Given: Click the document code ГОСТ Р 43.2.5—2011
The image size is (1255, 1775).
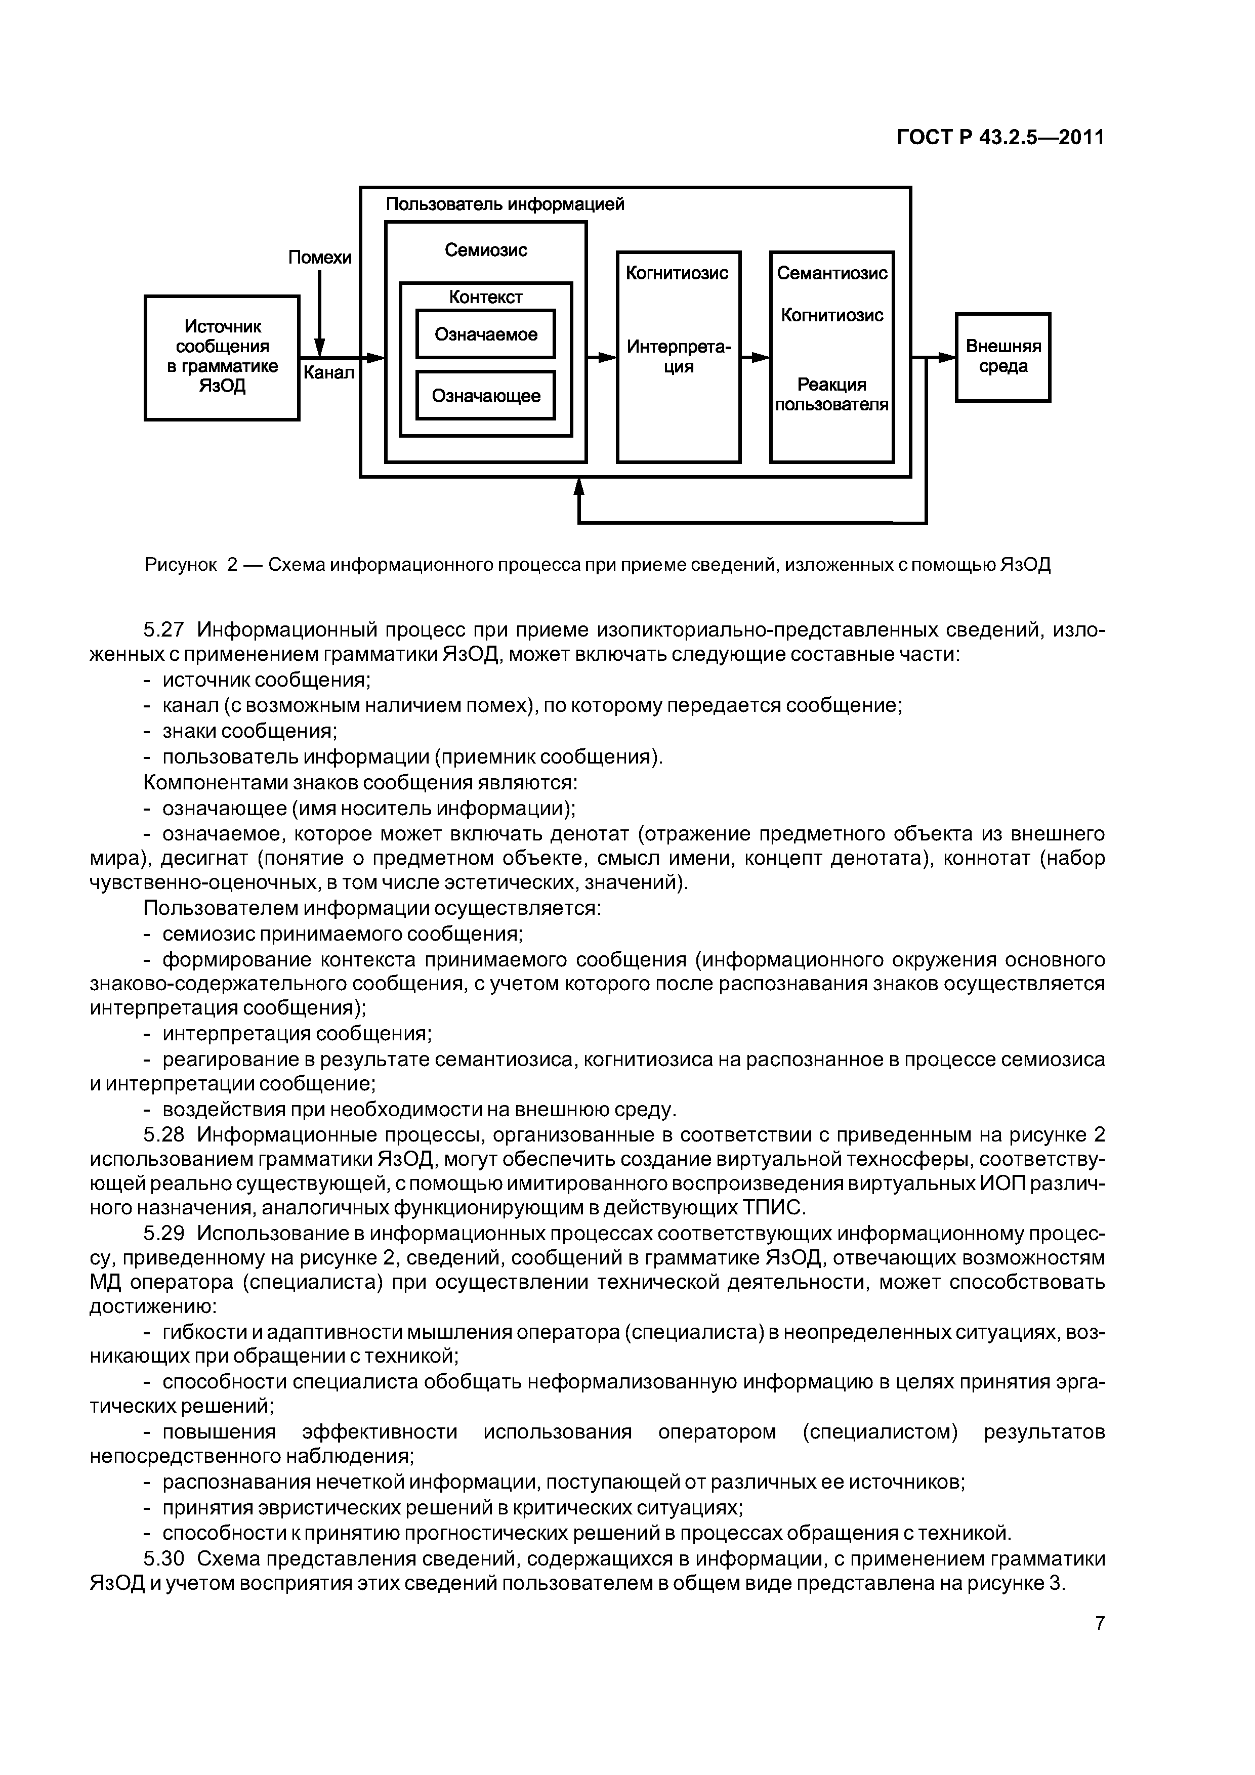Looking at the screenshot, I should [x=1000, y=138].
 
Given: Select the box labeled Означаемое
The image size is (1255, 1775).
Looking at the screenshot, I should [x=486, y=334].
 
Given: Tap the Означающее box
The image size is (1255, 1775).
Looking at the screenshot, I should [x=486, y=396].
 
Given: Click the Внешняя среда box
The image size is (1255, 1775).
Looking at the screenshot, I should [x=1003, y=357].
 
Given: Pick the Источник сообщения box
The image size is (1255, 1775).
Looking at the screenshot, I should [x=222, y=357].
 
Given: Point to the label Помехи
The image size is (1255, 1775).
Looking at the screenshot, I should [x=319, y=258].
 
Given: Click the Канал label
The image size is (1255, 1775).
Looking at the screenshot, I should [x=328, y=372].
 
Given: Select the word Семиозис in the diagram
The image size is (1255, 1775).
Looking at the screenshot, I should [x=486, y=250].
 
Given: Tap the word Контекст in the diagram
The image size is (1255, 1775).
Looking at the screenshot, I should [x=486, y=297].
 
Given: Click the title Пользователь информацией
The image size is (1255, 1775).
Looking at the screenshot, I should [x=505, y=204].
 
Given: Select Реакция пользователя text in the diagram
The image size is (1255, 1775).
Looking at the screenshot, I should [x=832, y=394].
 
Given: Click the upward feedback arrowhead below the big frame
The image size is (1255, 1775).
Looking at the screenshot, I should [x=579, y=487].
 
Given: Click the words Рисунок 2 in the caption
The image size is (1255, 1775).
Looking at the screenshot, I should [x=190, y=564].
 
